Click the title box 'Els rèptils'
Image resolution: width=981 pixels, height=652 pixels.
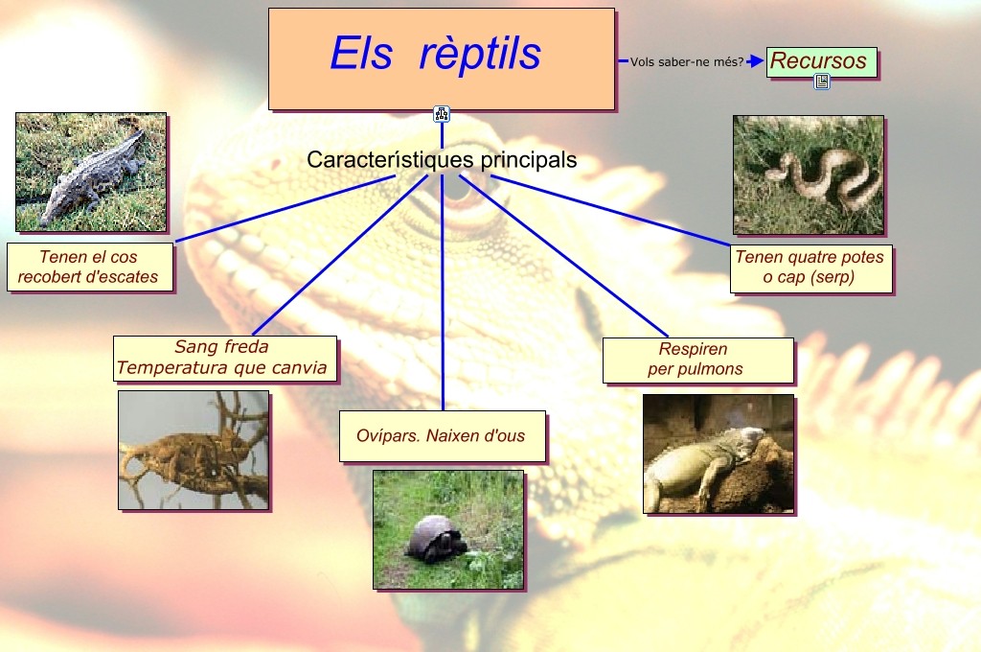point(441,58)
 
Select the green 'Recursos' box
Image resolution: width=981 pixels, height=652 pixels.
point(820,62)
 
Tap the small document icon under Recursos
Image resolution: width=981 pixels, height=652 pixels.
point(822,82)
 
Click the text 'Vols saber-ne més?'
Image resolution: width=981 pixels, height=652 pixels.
point(686,61)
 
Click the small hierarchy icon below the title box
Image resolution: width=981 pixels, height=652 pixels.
point(442,115)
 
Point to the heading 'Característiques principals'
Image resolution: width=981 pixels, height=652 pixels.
point(442,160)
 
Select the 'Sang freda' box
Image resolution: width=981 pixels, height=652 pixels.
point(224,358)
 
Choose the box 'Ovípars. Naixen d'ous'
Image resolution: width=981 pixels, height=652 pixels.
point(442,436)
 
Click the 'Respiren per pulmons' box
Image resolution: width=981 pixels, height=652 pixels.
point(697,360)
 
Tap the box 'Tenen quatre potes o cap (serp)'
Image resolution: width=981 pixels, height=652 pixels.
point(810,268)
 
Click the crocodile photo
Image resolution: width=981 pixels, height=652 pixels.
point(91,173)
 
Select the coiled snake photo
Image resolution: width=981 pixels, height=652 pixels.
point(809,175)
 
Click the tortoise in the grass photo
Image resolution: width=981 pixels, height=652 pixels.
point(448,528)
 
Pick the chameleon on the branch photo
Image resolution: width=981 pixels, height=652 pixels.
point(193,450)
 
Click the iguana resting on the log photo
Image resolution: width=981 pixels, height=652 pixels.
point(718,454)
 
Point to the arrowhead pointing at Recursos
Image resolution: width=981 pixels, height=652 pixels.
point(756,61)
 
